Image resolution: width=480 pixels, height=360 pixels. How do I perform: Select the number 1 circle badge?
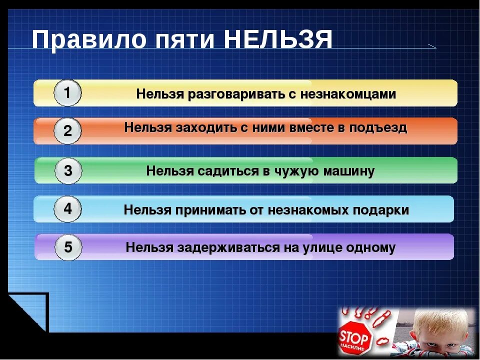coord(67,93)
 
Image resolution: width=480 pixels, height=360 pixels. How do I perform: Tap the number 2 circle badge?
coord(67,131)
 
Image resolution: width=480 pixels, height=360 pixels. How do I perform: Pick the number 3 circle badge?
coord(67,171)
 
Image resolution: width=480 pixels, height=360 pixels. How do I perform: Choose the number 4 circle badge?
coord(67,209)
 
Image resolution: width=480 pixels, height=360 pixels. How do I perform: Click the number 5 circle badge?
coord(67,247)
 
